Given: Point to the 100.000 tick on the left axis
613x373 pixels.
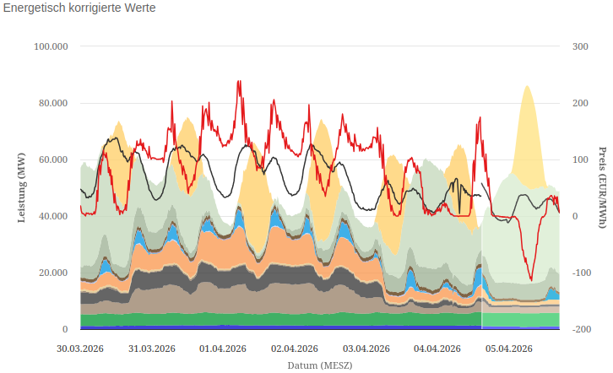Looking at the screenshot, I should click(50, 46).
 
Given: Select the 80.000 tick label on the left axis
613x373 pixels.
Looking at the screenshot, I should click(52, 103).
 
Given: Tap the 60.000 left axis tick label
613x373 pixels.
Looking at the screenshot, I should click(52, 159).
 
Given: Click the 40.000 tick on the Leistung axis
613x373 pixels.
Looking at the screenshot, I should click(52, 216).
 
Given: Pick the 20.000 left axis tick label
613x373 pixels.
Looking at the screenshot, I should click(52, 273).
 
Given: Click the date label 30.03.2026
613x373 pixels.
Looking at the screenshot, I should click(80, 349).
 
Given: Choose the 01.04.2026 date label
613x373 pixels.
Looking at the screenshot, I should click(223, 349).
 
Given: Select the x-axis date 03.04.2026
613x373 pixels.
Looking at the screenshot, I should click(366, 349).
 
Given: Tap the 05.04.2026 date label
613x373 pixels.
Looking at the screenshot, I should click(508, 349).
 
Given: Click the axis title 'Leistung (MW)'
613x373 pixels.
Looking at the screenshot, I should click(22, 187).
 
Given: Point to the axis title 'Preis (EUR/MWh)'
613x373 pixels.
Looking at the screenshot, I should click(603, 187).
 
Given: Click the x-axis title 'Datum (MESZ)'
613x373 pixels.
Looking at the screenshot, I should click(319, 365).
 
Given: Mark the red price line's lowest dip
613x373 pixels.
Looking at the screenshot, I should click(531, 279).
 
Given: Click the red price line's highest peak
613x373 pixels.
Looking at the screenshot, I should click(239, 82).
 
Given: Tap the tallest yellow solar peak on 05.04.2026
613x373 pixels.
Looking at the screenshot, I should click(528, 87).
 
